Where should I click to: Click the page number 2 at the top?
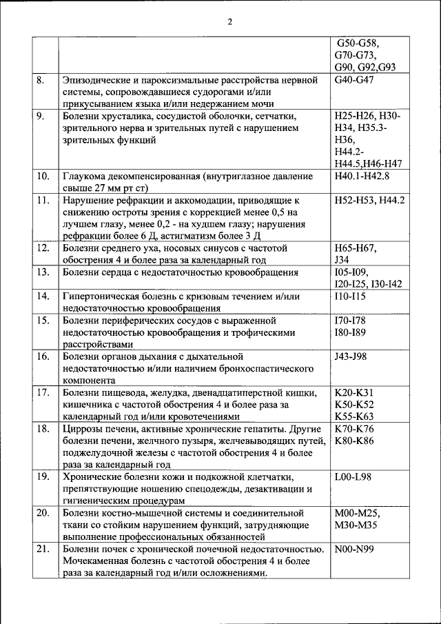(x=230, y=21)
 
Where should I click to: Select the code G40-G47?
(x=356, y=81)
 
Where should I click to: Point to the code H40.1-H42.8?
(x=362, y=176)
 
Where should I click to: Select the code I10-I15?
(x=349, y=296)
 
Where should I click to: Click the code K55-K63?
(x=353, y=416)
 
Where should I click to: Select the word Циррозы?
(x=84, y=428)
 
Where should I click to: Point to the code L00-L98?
(x=351, y=476)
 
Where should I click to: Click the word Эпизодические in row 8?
(x=99, y=81)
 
